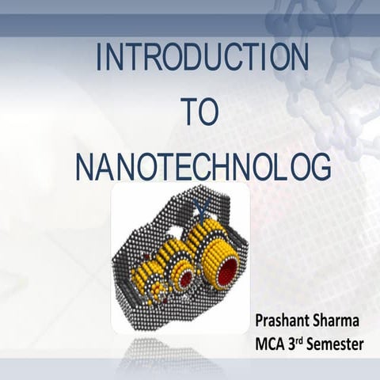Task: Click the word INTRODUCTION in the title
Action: pos(200,59)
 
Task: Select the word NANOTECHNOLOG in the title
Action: pos(202,168)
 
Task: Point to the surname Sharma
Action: pos(340,321)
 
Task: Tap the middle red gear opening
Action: pos(188,279)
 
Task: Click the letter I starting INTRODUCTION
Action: pos(98,59)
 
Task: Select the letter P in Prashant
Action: pos(260,321)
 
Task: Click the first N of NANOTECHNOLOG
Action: pos(85,168)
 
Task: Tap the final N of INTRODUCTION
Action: pos(298,59)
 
